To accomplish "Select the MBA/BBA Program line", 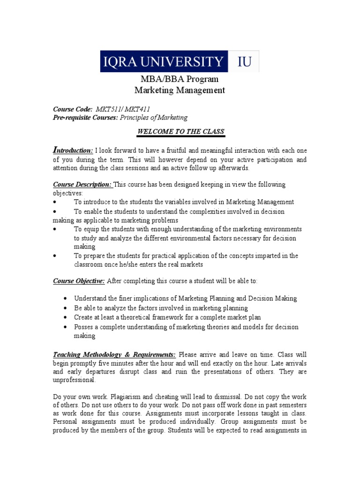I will [x=180, y=79].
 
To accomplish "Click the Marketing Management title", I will [x=180, y=90].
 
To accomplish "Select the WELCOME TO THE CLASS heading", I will [x=180, y=132].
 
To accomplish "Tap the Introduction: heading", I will [x=73, y=150].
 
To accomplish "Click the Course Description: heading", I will [x=82, y=184].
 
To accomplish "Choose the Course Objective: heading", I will [x=79, y=281].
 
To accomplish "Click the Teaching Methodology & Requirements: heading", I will [x=114, y=354].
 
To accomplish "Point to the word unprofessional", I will [x=74, y=381].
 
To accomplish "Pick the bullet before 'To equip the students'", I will [x=55, y=229].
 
